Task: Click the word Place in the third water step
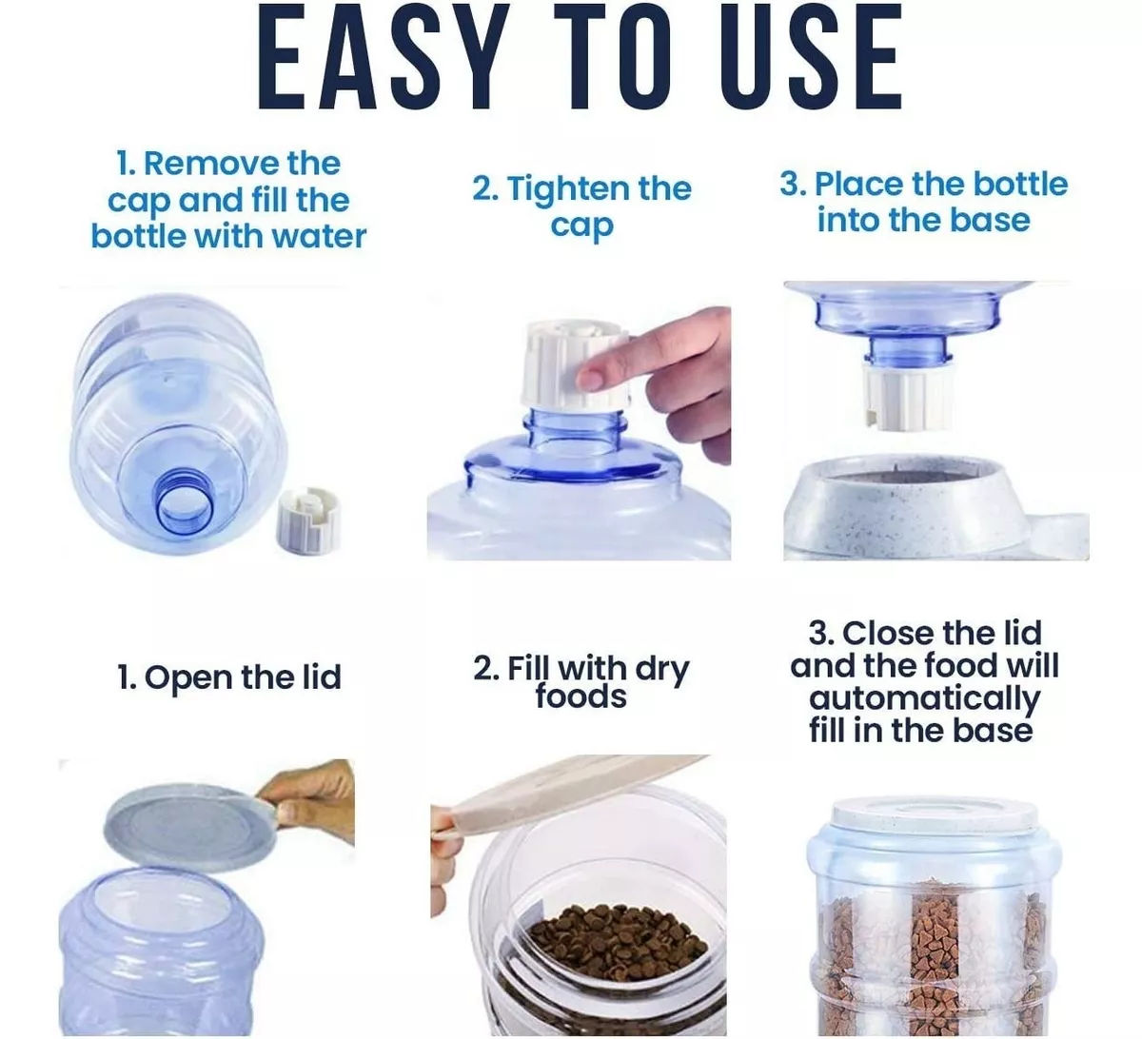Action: click(x=858, y=185)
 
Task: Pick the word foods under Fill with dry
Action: click(x=581, y=696)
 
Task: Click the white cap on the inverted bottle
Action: click(x=908, y=397)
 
